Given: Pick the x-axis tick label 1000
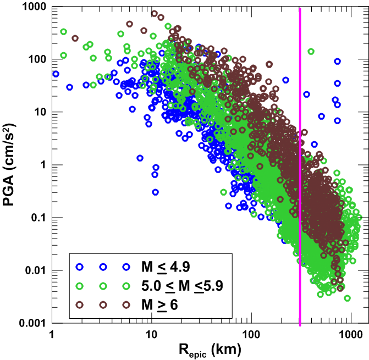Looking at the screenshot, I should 351,335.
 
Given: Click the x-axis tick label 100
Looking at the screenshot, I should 251,335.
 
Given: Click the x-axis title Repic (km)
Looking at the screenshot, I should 202,350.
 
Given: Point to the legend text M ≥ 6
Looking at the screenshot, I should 159,304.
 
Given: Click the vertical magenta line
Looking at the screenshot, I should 300,165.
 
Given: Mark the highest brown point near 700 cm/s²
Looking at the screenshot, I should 154,14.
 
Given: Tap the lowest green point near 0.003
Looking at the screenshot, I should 347,298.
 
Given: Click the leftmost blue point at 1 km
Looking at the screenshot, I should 56,74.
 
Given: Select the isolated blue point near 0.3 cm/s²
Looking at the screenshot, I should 156,192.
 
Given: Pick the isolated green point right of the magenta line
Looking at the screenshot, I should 311,52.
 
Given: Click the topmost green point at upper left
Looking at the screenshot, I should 63,32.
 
